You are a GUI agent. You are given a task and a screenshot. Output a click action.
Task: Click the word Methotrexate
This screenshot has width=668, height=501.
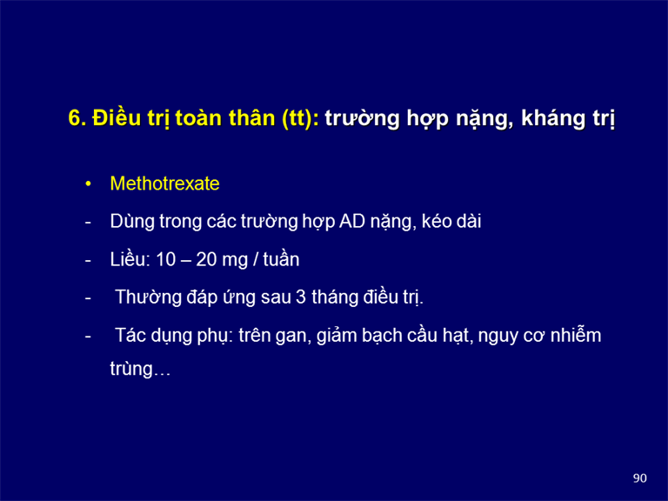[164, 184]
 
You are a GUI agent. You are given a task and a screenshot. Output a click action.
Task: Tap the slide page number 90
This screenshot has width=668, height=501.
[640, 478]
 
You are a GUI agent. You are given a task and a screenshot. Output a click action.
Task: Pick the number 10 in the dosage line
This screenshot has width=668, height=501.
[166, 259]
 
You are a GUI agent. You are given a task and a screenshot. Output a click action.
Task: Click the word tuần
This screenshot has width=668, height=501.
[281, 259]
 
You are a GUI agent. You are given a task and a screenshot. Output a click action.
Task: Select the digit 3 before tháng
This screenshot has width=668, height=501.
[301, 297]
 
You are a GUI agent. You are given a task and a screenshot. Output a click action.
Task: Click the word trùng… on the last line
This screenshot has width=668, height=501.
[140, 369]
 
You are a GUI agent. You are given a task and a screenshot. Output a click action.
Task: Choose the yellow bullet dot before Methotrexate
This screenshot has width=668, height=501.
[88, 184]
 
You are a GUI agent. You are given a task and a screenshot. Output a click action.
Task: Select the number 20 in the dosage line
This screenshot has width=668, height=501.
[206, 259]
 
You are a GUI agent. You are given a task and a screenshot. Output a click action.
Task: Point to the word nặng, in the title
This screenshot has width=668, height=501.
[484, 119]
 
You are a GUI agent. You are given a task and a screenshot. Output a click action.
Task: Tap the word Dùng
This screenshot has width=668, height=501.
[132, 222]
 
